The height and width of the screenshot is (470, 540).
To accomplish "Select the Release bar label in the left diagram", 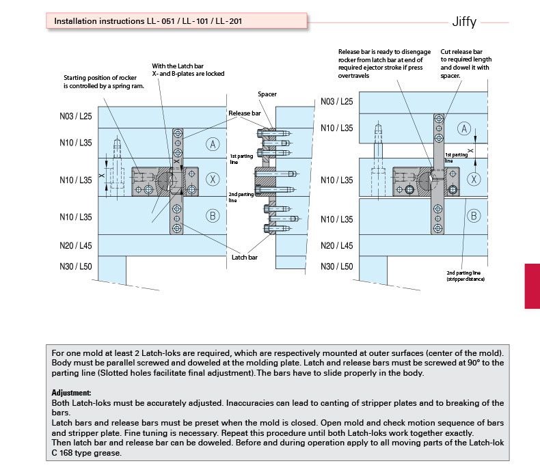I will click(244, 113).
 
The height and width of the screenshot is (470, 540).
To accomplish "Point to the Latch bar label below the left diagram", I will click(244, 258).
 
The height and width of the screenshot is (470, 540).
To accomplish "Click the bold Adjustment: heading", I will click(72, 393).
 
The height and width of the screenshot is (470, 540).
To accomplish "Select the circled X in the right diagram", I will click(472, 178).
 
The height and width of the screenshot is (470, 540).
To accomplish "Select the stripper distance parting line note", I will click(464, 276).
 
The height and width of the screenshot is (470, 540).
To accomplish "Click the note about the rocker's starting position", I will click(103, 82).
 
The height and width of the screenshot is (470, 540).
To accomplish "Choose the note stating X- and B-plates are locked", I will click(188, 69).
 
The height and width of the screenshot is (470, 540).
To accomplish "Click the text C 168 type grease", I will click(87, 453).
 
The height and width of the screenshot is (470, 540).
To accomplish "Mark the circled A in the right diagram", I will click(464, 128).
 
